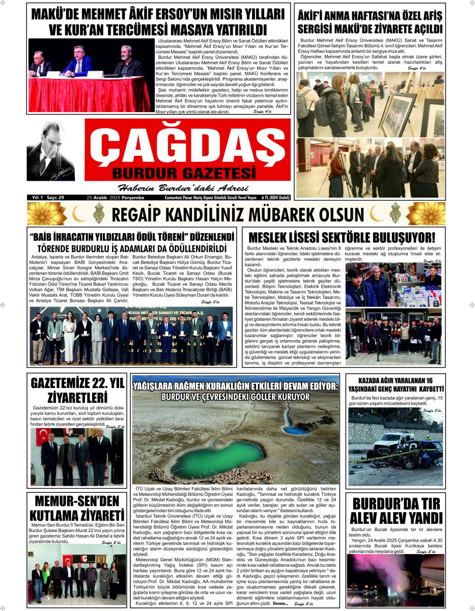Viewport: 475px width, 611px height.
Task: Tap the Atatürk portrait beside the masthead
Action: (50, 151)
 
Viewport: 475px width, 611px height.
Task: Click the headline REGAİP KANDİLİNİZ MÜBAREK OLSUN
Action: (237, 214)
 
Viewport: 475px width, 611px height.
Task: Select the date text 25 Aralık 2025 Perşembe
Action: (116, 198)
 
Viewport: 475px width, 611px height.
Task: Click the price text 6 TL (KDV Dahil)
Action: (276, 198)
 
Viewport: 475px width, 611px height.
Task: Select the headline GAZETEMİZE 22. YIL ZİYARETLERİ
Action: (76, 390)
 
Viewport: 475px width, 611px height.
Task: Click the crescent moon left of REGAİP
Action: (79, 213)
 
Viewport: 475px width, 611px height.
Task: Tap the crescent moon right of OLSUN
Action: (377, 213)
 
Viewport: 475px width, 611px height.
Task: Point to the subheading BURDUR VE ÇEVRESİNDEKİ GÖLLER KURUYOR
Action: (235, 397)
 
